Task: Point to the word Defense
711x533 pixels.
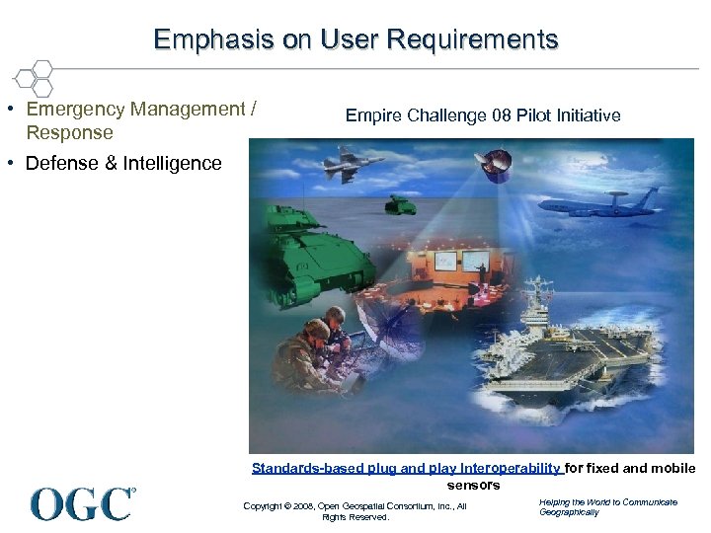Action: (x=60, y=164)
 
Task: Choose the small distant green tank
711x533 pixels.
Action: (x=400, y=204)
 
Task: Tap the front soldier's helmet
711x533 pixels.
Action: (x=314, y=331)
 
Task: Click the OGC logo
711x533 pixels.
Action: (x=83, y=503)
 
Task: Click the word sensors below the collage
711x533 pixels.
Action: (x=474, y=485)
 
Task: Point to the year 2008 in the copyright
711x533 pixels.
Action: (x=300, y=506)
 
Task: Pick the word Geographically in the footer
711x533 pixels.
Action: (x=569, y=512)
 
